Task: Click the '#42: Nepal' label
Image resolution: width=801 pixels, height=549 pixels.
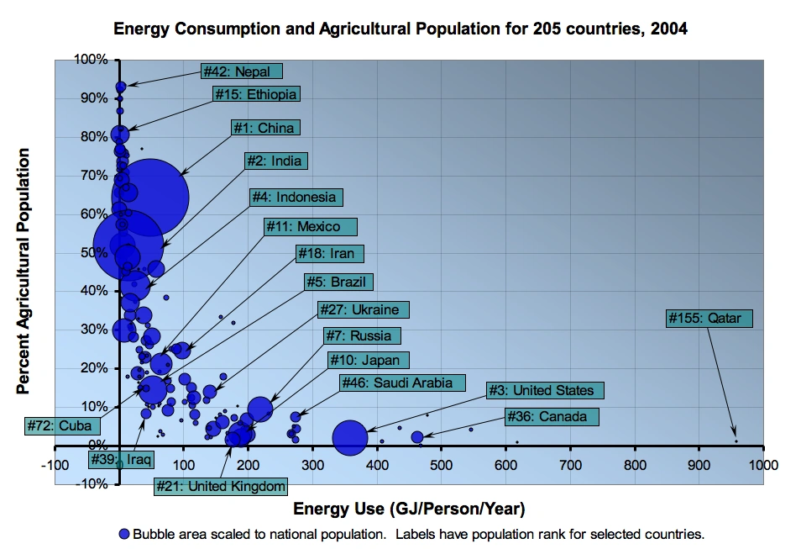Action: point(242,71)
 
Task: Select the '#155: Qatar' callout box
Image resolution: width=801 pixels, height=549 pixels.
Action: point(709,319)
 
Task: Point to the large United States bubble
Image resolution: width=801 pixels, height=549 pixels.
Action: point(350,437)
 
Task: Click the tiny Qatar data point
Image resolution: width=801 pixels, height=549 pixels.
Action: point(736,441)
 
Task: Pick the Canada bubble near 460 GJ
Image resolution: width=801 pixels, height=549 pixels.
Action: point(417,437)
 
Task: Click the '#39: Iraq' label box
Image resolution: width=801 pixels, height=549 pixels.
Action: point(122,460)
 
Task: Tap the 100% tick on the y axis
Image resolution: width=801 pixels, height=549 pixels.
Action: point(91,60)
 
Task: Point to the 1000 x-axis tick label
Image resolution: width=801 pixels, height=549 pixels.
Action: point(762,464)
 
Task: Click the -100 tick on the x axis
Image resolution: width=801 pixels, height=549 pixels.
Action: point(55,464)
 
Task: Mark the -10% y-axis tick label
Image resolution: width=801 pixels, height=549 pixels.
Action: point(91,483)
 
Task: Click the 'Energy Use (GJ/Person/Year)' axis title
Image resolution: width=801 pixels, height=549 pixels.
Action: point(409,509)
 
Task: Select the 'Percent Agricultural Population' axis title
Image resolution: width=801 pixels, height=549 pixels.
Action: point(24,271)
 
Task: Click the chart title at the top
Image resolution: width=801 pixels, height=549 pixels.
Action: point(400,29)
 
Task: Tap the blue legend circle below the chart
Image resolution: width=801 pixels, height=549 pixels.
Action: point(124,534)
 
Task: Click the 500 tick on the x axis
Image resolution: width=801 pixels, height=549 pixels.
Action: point(441,464)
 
